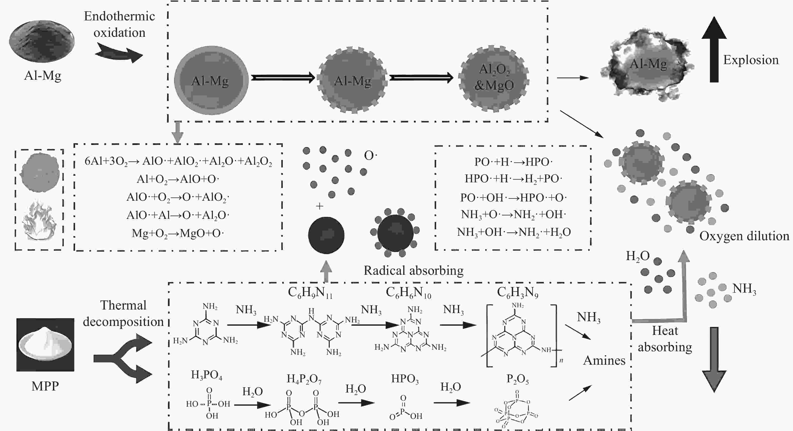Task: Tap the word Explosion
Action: pyautogui.click(x=751, y=60)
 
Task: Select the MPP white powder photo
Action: pyautogui.click(x=45, y=345)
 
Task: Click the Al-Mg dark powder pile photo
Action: pyautogui.click(x=42, y=41)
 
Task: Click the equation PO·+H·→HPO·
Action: pyautogui.click(x=513, y=162)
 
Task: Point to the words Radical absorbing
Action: pyautogui.click(x=414, y=271)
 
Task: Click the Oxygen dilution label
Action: pyautogui.click(x=744, y=236)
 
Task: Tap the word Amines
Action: pyautogui.click(x=604, y=360)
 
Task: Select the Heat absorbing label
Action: pyautogui.click(x=665, y=339)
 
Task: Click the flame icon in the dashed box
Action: pyautogui.click(x=39, y=220)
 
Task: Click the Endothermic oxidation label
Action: pyautogui.click(x=119, y=24)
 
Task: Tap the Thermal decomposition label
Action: pyautogui.click(x=123, y=313)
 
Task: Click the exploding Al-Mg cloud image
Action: pyautogui.click(x=647, y=64)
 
